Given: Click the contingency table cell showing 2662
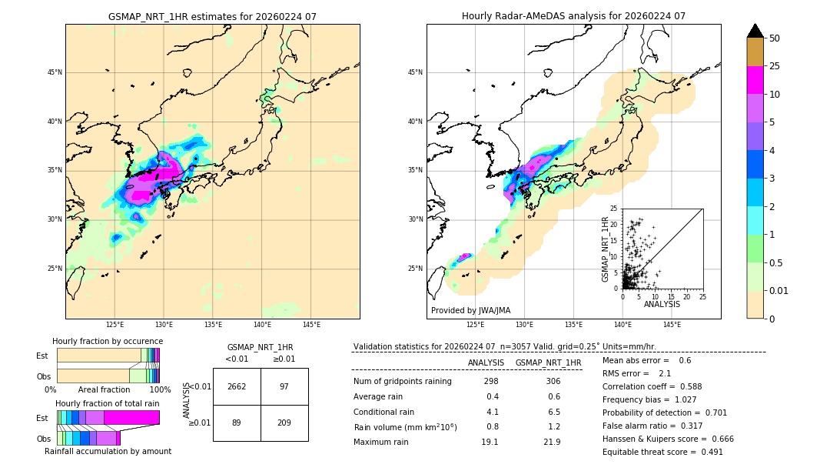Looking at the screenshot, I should tap(237, 386).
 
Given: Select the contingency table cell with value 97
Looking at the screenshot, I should tap(284, 386).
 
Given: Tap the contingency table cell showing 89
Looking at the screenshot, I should tap(237, 423).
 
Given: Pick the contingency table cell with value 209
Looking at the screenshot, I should tap(284, 423).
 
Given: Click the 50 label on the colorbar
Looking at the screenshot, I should tap(775, 38).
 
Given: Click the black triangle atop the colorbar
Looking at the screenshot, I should tap(755, 31).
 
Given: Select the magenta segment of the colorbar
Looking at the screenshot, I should tap(755, 80).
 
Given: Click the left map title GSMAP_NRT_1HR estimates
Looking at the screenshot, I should tap(212, 16).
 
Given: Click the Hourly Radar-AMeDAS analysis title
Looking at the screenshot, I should tap(573, 16).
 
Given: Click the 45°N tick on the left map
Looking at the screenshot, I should tap(55, 72).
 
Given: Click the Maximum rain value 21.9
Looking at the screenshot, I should tap(552, 442).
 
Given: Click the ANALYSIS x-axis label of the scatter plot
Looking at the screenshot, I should tap(662, 304).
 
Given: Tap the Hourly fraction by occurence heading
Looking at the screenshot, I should tap(108, 341).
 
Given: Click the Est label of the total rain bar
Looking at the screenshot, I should tap(41, 417).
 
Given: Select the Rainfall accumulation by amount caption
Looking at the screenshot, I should tap(108, 451).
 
